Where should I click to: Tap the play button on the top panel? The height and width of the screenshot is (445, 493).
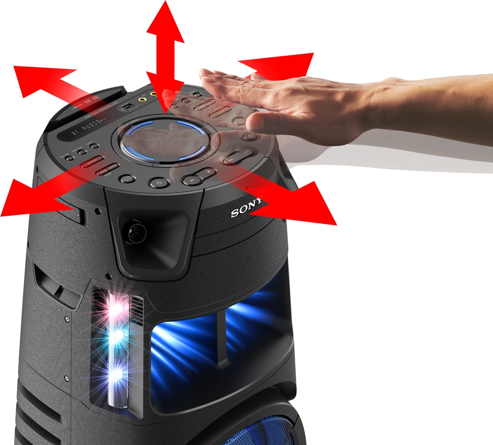tap(192, 180)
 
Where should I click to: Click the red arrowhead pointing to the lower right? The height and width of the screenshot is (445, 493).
tap(308, 205)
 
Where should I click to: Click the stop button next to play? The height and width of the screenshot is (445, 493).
tap(208, 171)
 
